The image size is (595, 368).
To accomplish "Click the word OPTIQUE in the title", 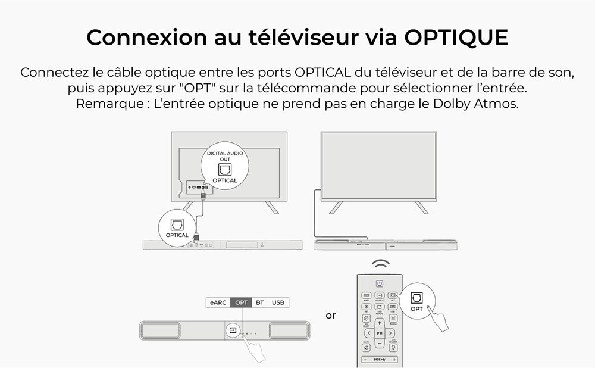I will point(456,37).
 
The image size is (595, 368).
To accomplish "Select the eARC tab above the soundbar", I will point(217,302).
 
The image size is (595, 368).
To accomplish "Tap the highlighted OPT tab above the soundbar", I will point(241,302).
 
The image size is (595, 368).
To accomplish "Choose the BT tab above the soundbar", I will point(260,302).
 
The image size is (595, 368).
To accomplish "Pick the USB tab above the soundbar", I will point(278,302).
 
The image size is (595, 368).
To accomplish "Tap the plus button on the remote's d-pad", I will point(379,323).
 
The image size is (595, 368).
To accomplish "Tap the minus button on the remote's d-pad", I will point(379,344).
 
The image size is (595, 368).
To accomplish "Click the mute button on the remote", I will point(366,347).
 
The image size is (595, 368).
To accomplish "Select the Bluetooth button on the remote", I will point(366,306).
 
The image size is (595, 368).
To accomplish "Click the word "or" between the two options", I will point(331,315).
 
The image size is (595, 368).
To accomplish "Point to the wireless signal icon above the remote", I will point(379,264).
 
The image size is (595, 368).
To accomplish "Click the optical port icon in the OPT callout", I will point(416,297).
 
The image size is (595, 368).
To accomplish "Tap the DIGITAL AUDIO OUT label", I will point(224,157).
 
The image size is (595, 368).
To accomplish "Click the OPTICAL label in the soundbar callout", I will point(177,235).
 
